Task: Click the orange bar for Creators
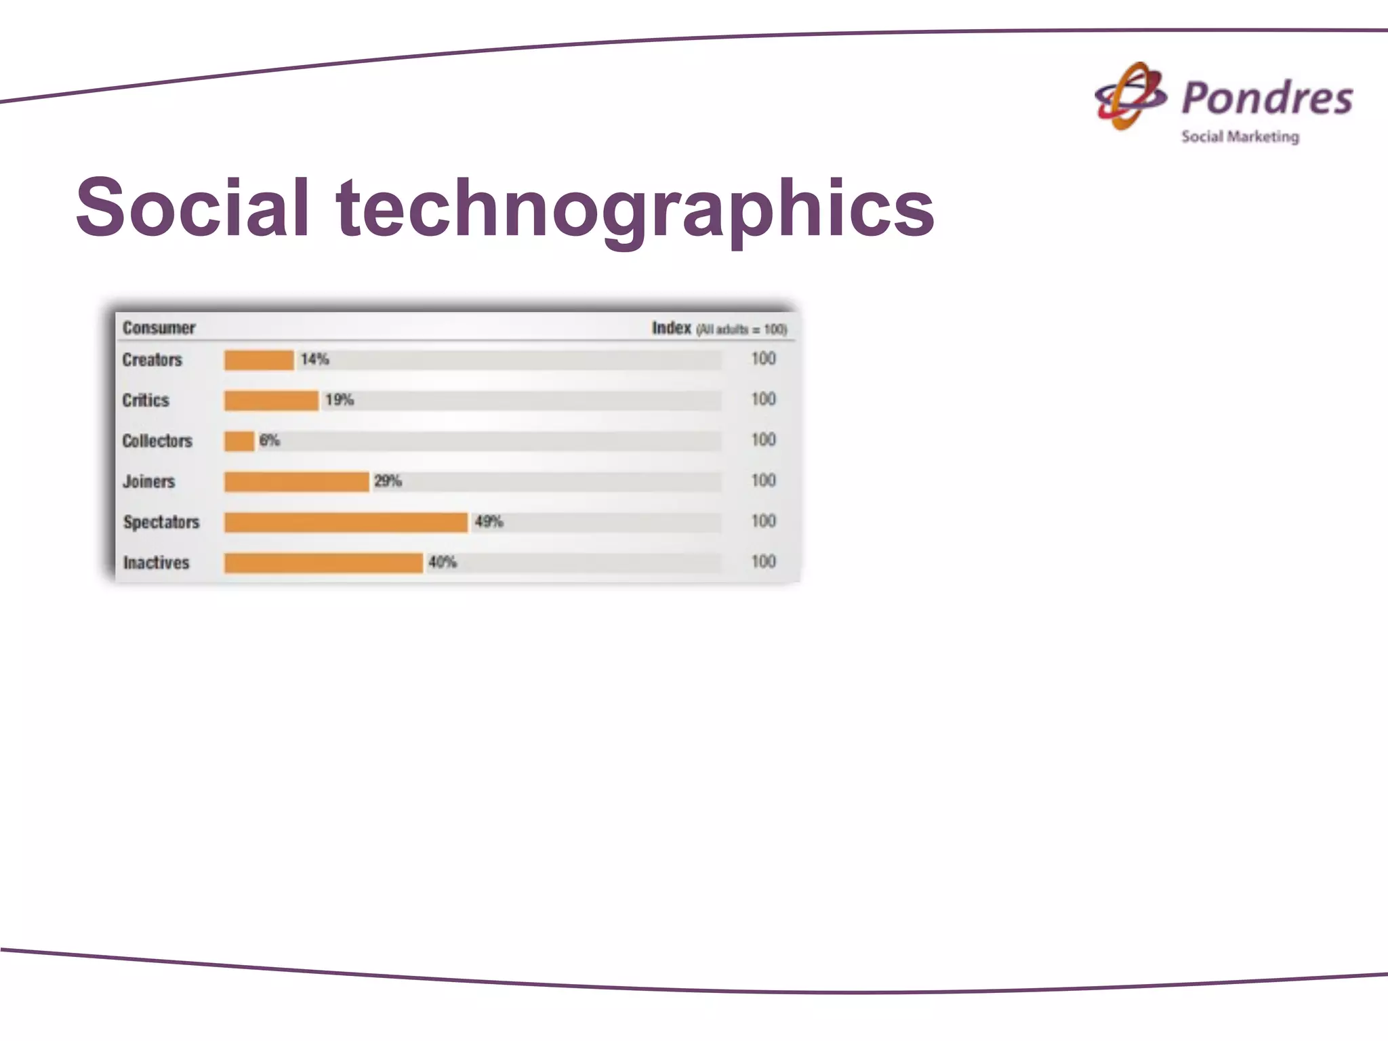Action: [259, 360]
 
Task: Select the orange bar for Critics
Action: [271, 401]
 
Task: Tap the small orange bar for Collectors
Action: [239, 441]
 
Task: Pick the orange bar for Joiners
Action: [296, 482]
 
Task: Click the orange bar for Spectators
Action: [346, 523]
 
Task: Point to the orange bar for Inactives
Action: [323, 563]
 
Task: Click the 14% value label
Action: [315, 359]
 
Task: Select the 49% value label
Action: [489, 522]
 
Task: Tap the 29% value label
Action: [388, 481]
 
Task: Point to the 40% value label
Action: [443, 563]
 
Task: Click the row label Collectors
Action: [157, 441]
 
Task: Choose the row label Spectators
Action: [161, 523]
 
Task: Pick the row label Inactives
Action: [156, 563]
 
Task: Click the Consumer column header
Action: [159, 328]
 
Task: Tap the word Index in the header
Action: [671, 328]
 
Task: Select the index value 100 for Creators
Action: [763, 359]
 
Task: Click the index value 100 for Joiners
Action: [763, 481]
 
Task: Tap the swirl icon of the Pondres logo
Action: [1130, 97]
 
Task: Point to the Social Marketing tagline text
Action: [1240, 137]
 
